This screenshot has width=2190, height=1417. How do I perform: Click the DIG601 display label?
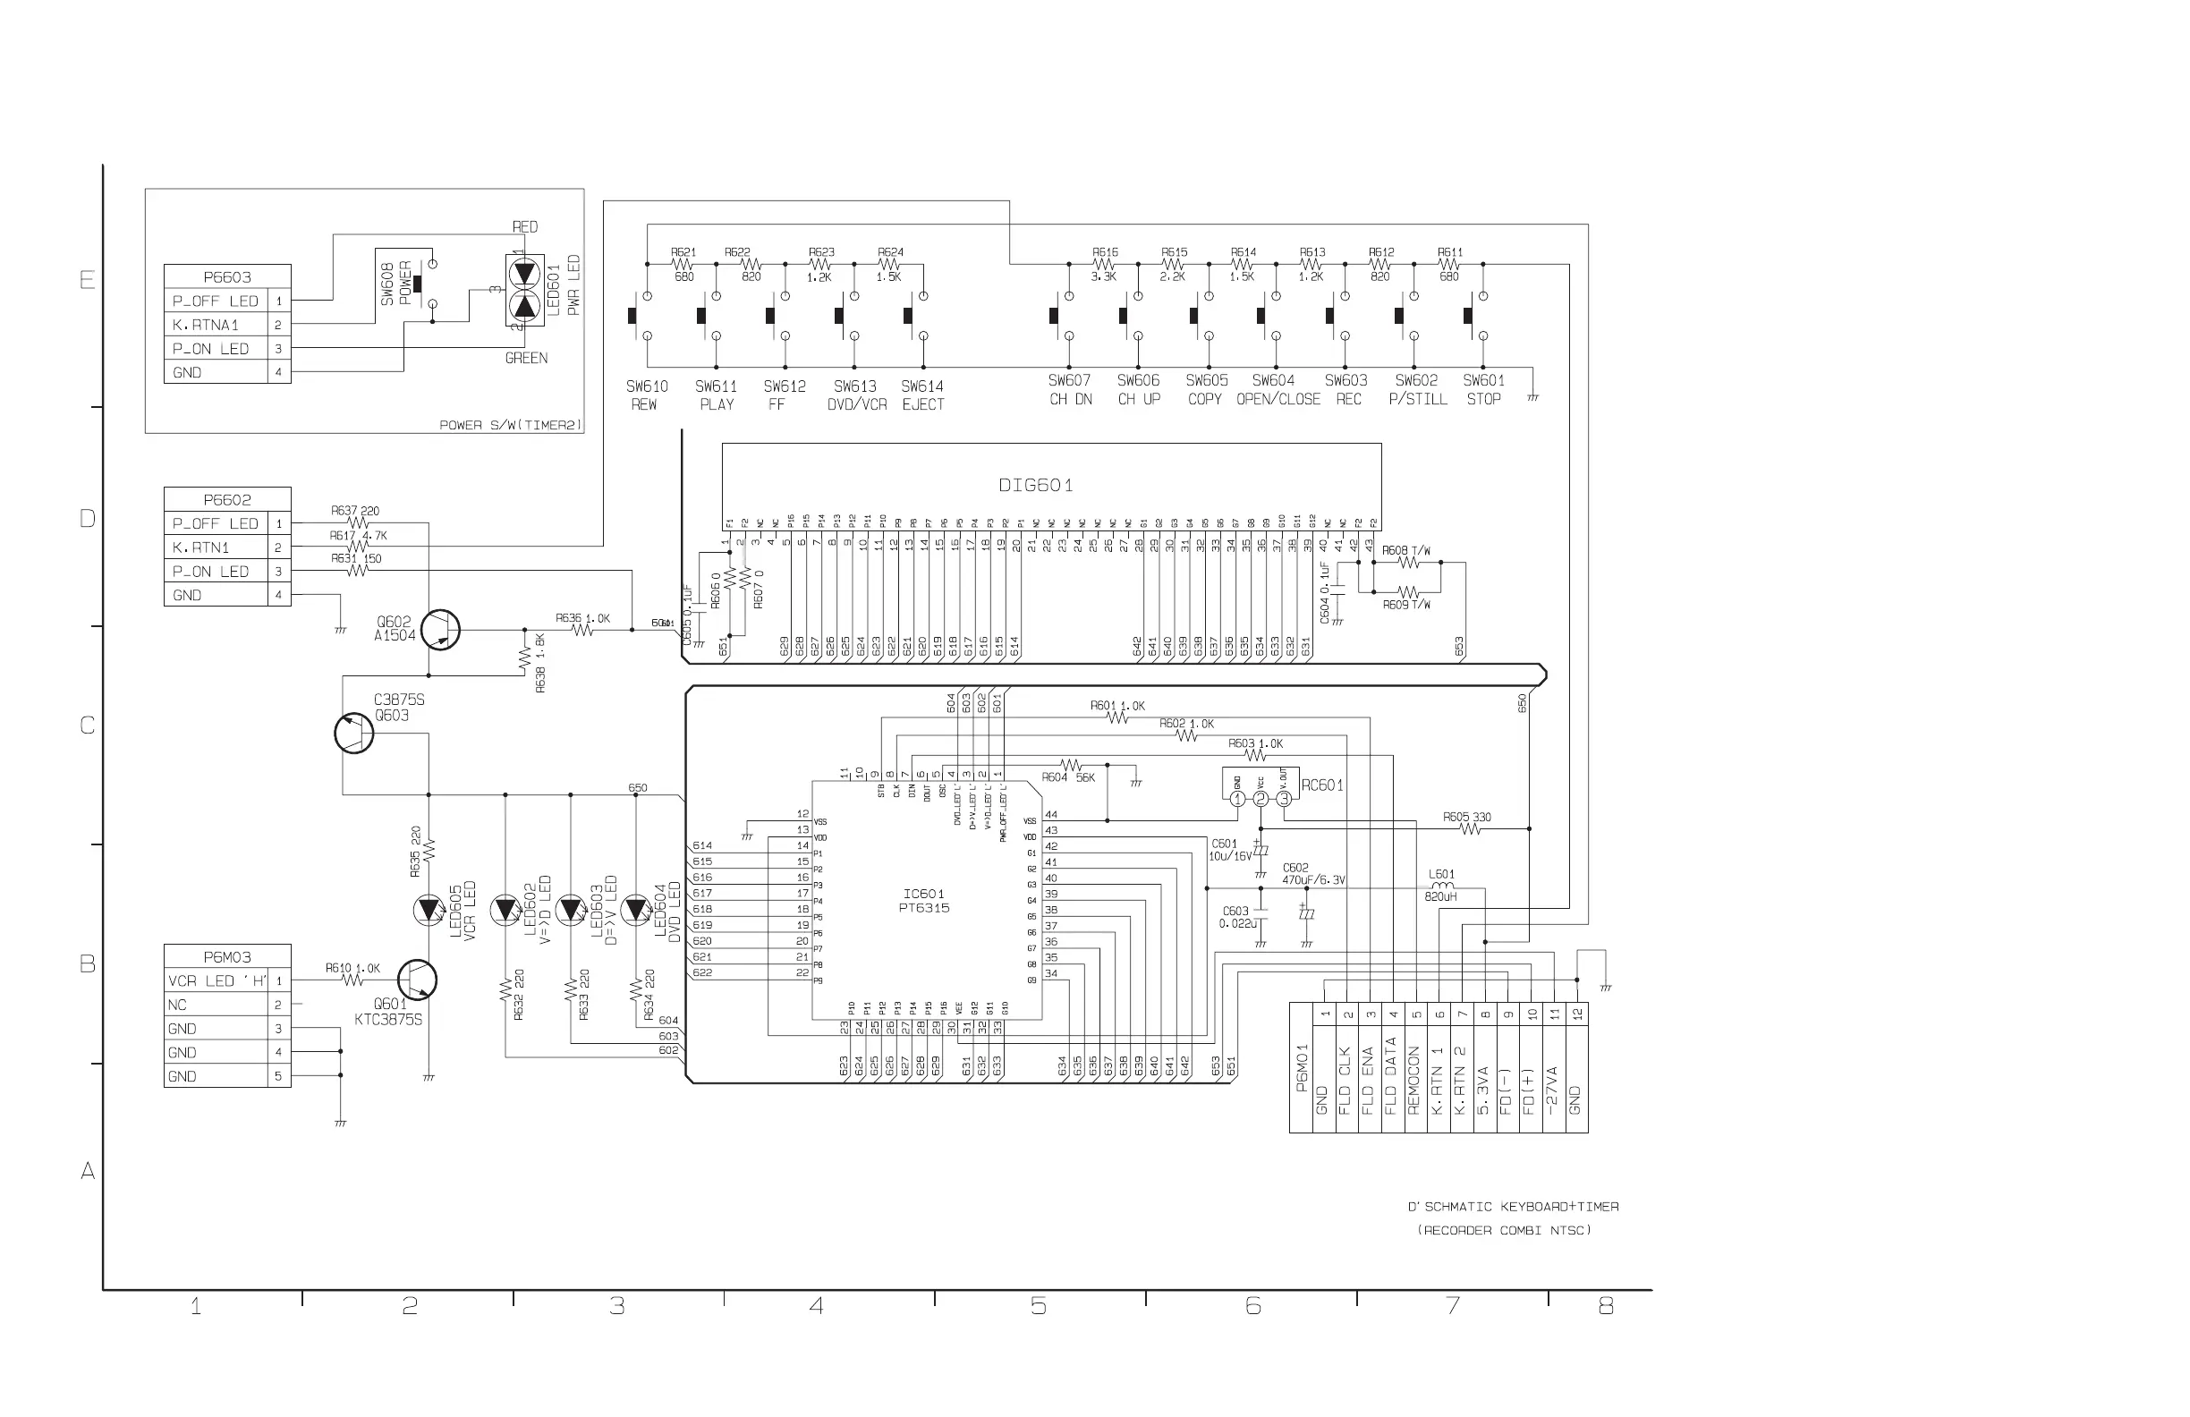point(1036,485)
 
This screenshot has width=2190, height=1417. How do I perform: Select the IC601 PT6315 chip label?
point(924,901)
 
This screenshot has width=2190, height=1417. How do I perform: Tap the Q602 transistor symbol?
point(441,631)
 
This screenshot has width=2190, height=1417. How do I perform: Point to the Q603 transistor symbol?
point(354,734)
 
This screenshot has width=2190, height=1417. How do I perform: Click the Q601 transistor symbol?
point(417,980)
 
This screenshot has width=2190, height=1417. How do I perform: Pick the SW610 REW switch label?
point(646,395)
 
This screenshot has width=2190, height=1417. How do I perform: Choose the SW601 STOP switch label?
point(1483,389)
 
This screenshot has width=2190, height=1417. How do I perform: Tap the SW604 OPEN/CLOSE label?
point(1277,389)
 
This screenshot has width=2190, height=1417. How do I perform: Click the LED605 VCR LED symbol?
point(429,910)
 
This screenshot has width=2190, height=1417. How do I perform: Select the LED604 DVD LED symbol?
point(636,910)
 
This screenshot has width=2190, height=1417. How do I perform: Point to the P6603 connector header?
point(227,277)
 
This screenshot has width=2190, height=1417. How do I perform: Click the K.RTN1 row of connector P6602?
point(217,547)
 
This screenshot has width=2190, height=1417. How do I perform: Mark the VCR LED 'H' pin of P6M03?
point(217,980)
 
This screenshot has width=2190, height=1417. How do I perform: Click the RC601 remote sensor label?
point(1322,785)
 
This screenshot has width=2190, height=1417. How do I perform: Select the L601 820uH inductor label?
point(1441,885)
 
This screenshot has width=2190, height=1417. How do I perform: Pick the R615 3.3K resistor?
point(1104,264)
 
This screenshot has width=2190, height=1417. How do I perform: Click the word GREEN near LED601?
point(526,358)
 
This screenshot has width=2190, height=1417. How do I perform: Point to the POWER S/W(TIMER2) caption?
point(511,425)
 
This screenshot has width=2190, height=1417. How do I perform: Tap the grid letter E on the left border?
point(88,280)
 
